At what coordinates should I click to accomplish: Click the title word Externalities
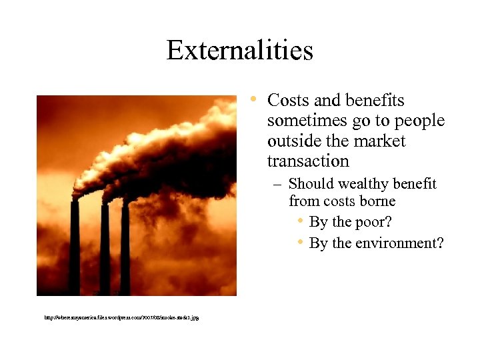tap(239, 50)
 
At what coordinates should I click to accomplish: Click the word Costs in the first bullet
tap(287, 101)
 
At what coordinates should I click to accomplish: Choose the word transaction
tap(308, 161)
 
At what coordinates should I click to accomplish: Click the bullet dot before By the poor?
tap(301, 221)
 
